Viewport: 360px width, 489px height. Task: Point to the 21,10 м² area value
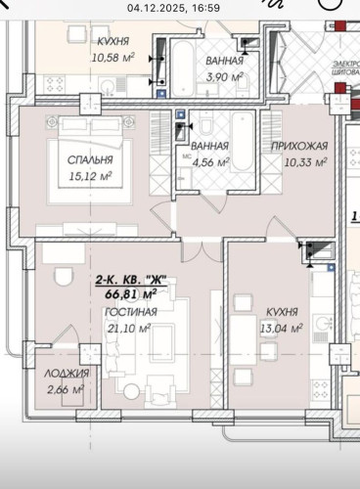coord(131,328)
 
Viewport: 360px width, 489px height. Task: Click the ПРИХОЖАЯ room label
coord(299,145)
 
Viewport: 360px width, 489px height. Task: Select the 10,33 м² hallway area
coord(299,161)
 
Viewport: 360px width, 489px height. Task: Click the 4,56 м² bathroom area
coord(211,162)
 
